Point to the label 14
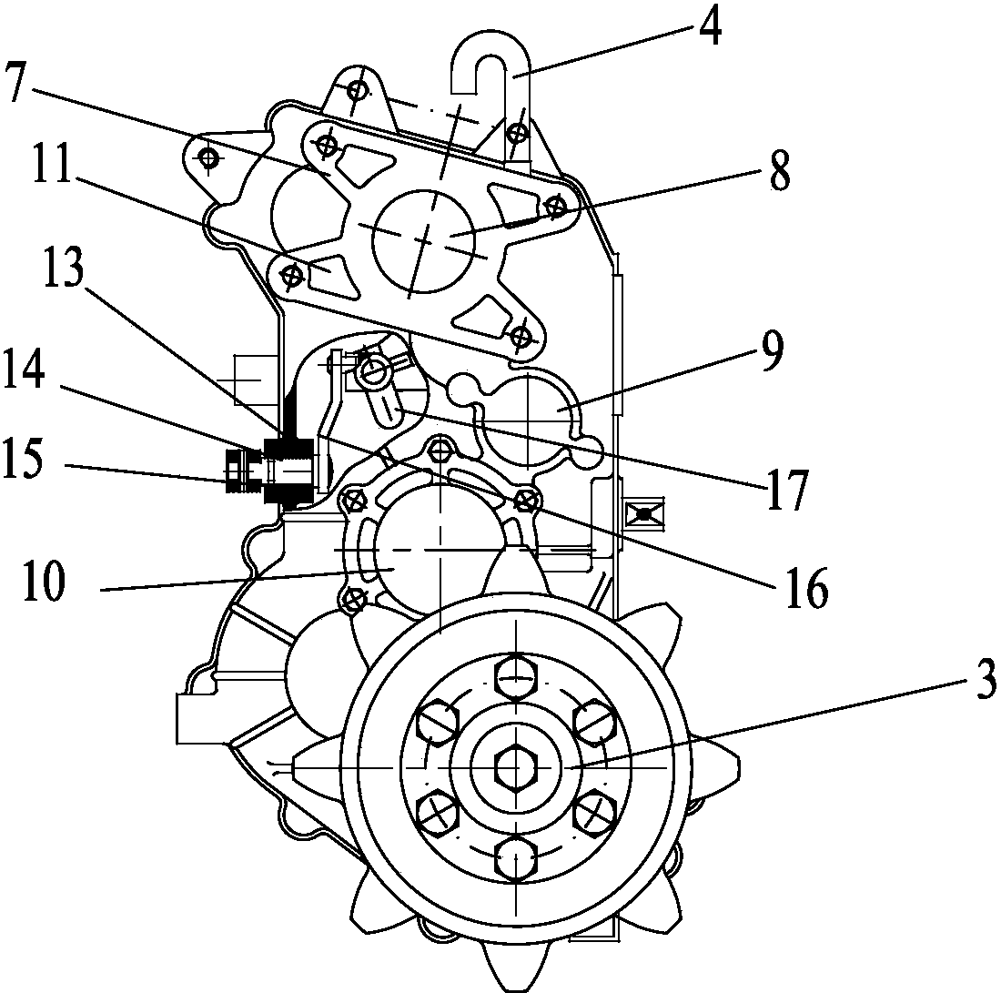[x=24, y=369]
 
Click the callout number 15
[x=24, y=458]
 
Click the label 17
[x=786, y=490]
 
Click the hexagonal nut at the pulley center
[x=515, y=765]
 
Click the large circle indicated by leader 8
[x=423, y=241]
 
